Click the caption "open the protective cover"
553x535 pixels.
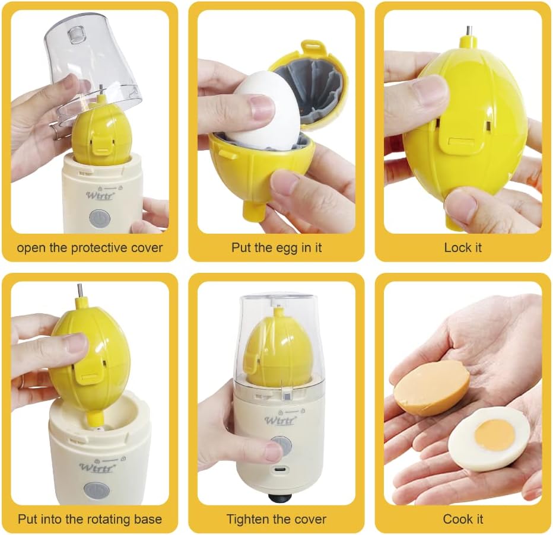(x=90, y=248)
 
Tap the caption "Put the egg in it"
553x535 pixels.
(x=276, y=247)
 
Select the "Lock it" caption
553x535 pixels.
(x=463, y=247)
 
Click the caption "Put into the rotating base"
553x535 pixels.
(x=90, y=519)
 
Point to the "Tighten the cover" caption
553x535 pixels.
(x=276, y=519)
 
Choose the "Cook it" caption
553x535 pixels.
(x=463, y=519)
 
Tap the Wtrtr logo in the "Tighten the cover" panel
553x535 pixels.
(x=280, y=420)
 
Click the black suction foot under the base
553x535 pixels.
(x=280, y=498)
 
